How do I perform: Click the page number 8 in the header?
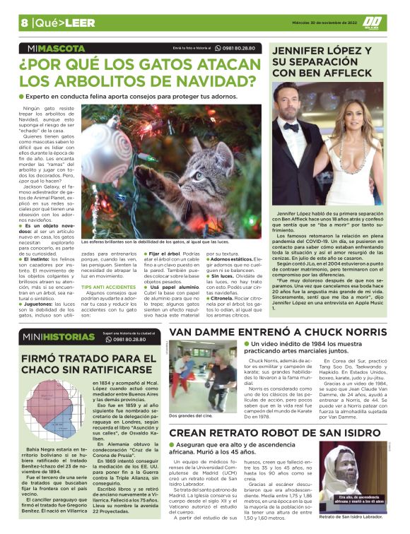point(24,22)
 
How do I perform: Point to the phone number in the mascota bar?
point(239,48)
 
